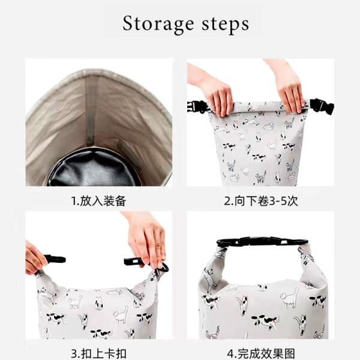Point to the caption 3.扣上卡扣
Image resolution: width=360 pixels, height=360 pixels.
[x=98, y=353]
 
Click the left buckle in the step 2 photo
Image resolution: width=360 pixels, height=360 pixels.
[x=197, y=107]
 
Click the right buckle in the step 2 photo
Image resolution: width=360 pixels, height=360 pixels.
[x=322, y=107]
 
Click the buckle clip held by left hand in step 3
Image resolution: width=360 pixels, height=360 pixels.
[x=55, y=259]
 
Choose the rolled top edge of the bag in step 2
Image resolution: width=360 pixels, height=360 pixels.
[x=258, y=106]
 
